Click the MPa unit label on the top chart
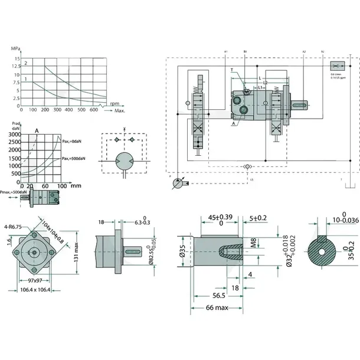click(16, 49)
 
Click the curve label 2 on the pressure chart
click(25, 62)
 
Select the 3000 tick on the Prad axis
click(14, 135)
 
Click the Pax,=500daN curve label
click(73, 159)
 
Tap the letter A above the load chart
click(37, 130)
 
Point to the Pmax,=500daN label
click(14, 192)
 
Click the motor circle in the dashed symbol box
click(125, 161)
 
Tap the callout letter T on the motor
click(232, 70)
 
